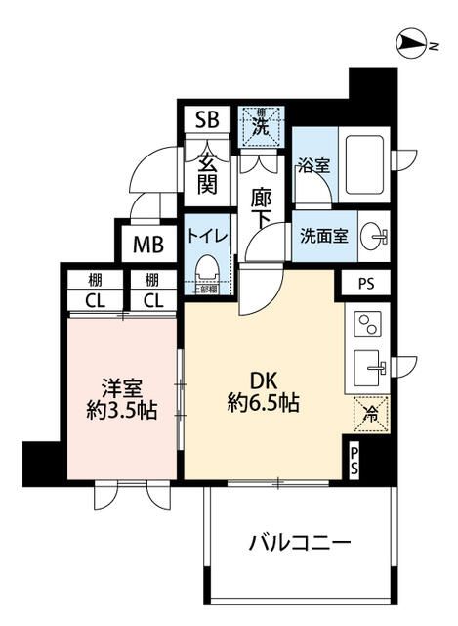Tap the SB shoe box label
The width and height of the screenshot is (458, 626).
(206, 120)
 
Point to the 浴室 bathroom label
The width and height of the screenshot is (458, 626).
(313, 167)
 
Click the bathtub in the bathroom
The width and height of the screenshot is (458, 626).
(363, 164)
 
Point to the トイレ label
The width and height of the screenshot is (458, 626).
(207, 236)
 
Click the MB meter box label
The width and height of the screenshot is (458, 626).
(148, 244)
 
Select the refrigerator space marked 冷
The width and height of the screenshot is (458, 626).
(367, 412)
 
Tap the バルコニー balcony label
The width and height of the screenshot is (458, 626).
(299, 541)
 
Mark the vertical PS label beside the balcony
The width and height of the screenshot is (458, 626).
(354, 460)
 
